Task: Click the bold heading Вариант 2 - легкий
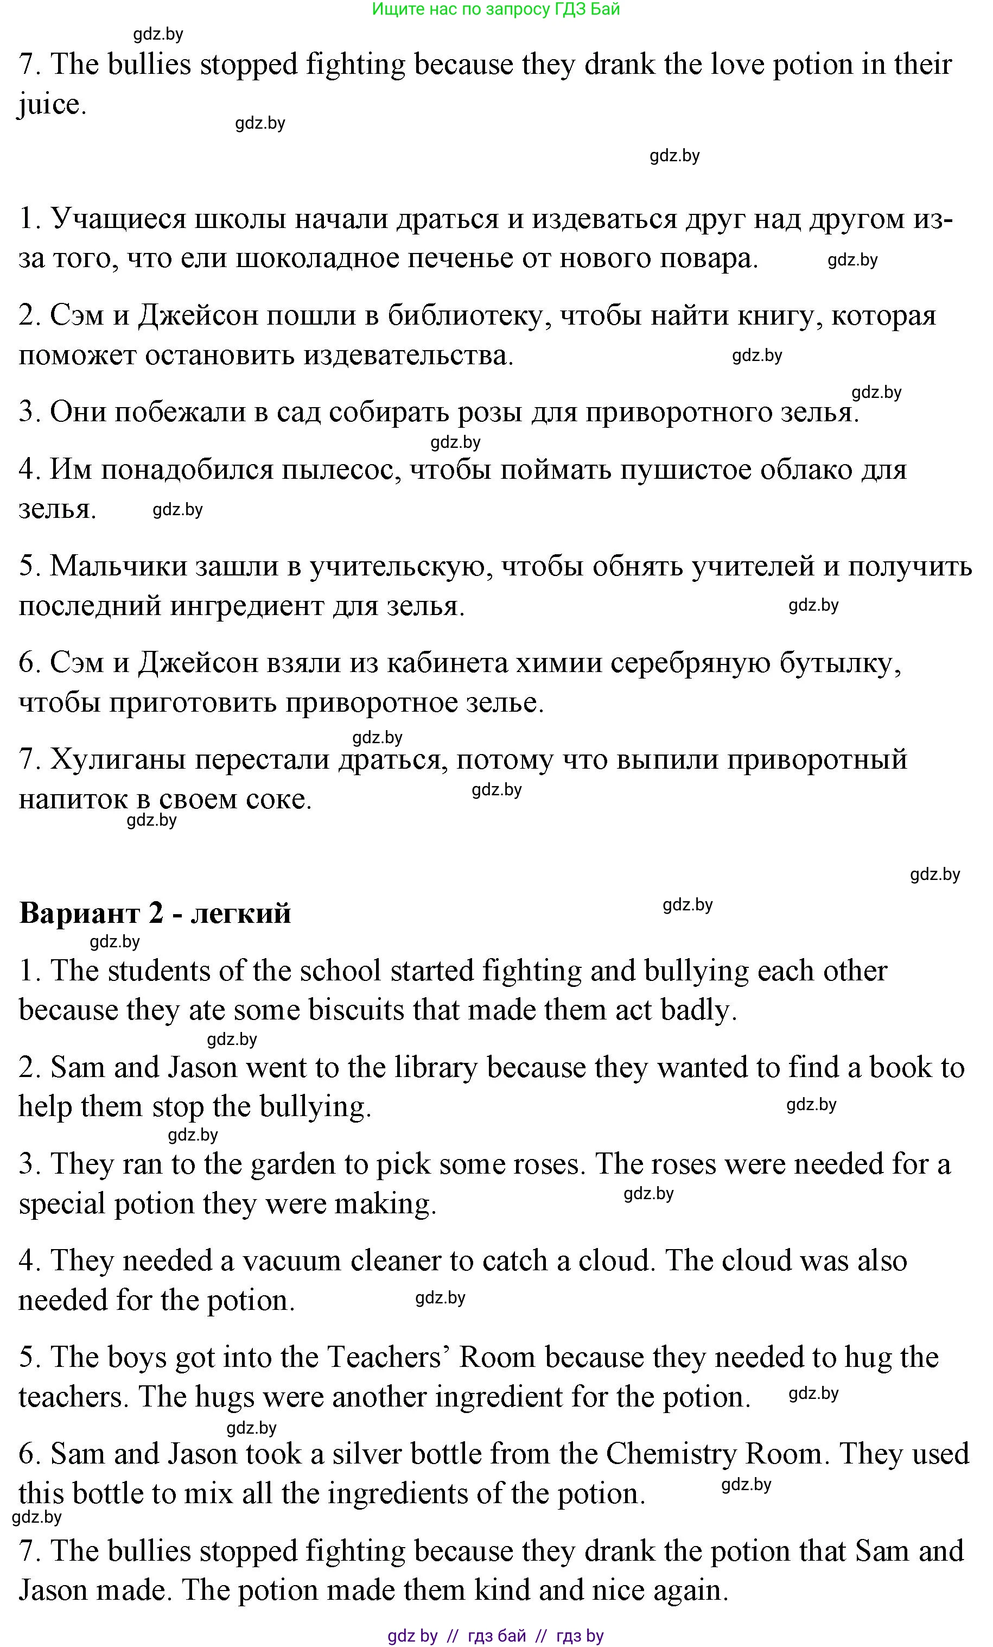pos(155,913)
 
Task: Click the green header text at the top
pos(495,9)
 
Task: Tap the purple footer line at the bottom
pos(495,1636)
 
